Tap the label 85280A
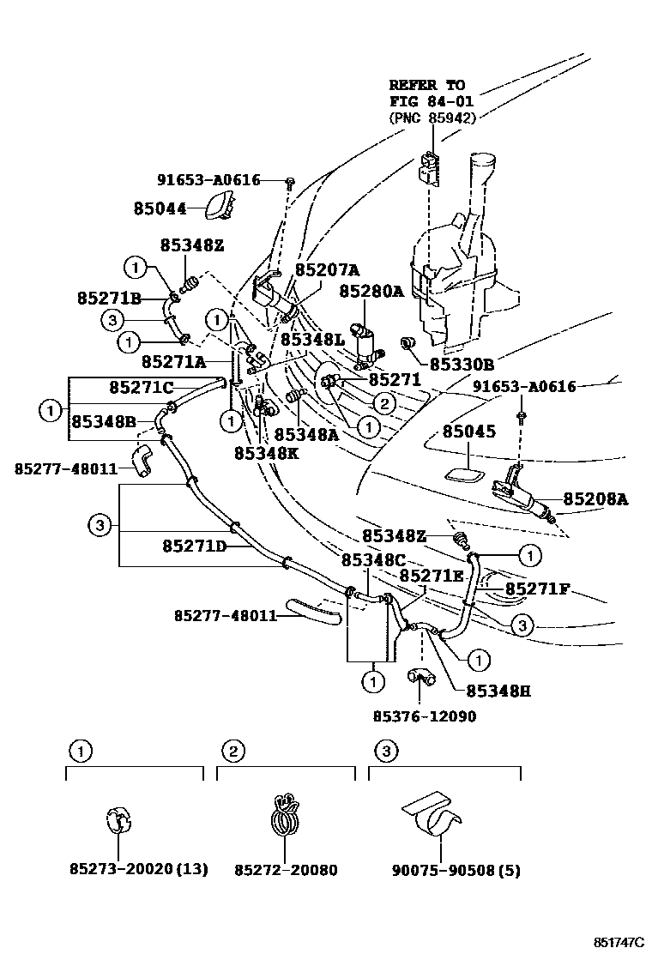point(371,291)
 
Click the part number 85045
point(468,432)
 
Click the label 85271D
point(194,546)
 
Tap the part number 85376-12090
point(424,715)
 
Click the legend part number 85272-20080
point(286,870)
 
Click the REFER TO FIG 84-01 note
point(431,101)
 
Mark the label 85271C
point(141,388)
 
